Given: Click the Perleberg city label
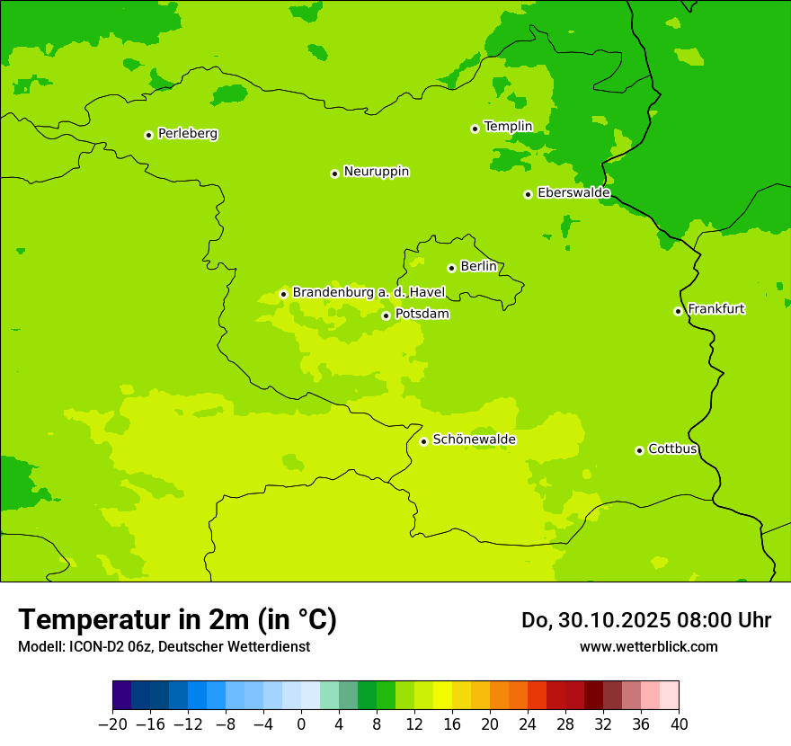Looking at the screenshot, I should [187, 134].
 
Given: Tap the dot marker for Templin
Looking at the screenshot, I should [475, 129].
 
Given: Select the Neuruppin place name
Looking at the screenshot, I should [376, 172].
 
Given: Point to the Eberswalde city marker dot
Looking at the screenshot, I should [528, 194].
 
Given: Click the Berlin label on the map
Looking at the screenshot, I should [478, 267].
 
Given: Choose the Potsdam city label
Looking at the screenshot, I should [422, 315].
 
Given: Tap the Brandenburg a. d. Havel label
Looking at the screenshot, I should [369, 293].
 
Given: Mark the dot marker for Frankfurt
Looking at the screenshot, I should [678, 311].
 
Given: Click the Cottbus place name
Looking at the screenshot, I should [672, 449].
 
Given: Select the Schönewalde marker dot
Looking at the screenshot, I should [423, 441].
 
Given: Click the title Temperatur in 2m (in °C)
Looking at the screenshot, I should [177, 620].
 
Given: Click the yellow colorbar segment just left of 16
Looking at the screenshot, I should [442, 696].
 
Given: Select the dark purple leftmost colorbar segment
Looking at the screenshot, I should [121, 696].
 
